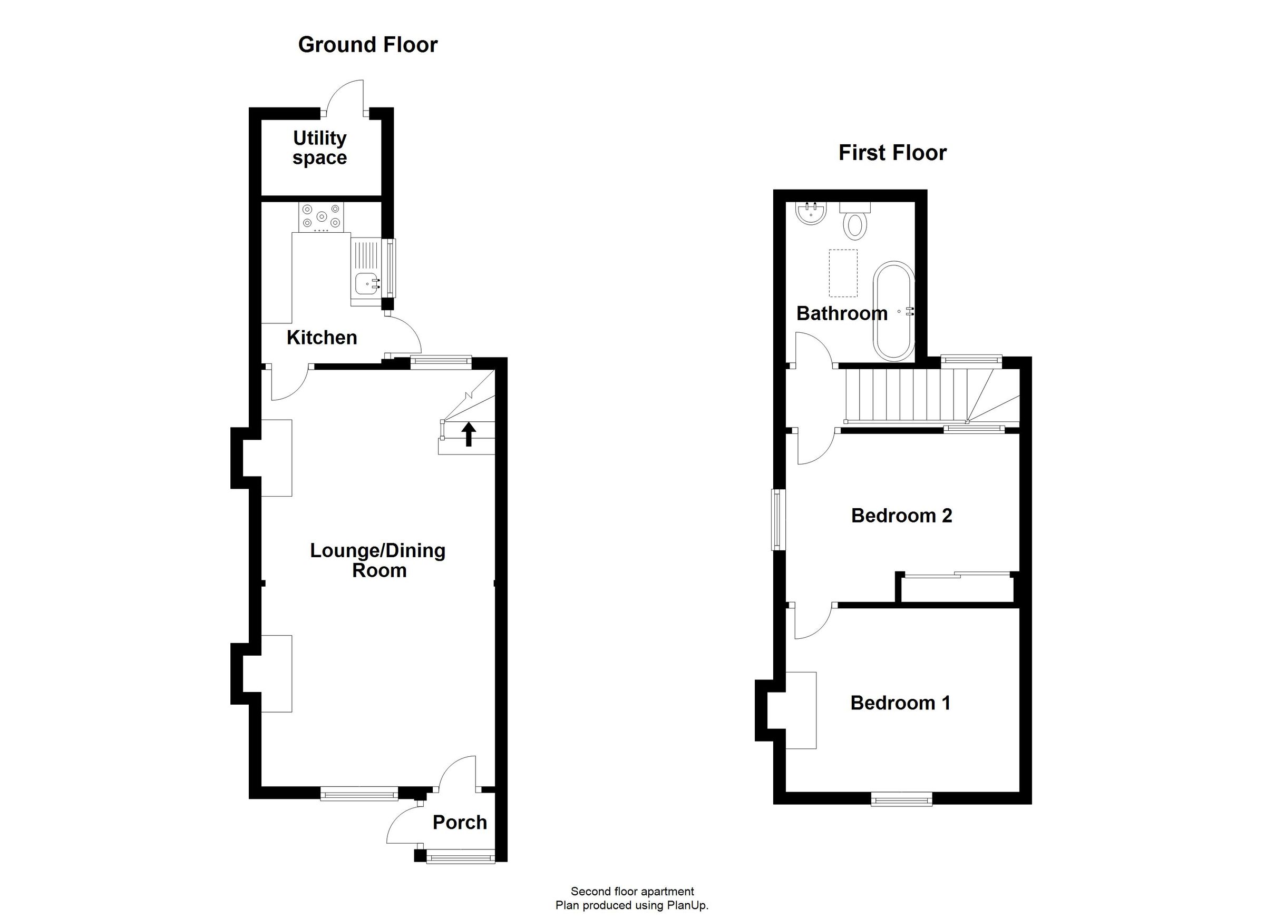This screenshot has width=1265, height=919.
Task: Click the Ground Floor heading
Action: point(367,45)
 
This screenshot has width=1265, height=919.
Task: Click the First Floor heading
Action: point(892,153)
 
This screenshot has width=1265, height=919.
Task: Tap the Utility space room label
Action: point(319,147)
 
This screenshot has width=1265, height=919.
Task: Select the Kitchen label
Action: point(322,337)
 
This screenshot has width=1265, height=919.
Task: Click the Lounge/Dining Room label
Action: point(378,560)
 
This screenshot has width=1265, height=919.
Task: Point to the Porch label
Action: point(460,822)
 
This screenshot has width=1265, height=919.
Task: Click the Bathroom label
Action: point(842,313)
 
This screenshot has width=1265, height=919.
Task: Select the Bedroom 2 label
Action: point(901,516)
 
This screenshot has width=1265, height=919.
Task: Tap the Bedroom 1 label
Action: point(900,703)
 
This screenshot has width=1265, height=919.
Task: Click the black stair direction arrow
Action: point(469,434)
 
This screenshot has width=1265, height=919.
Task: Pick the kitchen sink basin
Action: point(365,284)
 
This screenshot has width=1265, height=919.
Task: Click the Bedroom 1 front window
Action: point(902,801)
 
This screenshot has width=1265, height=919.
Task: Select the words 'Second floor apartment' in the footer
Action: point(632,892)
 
